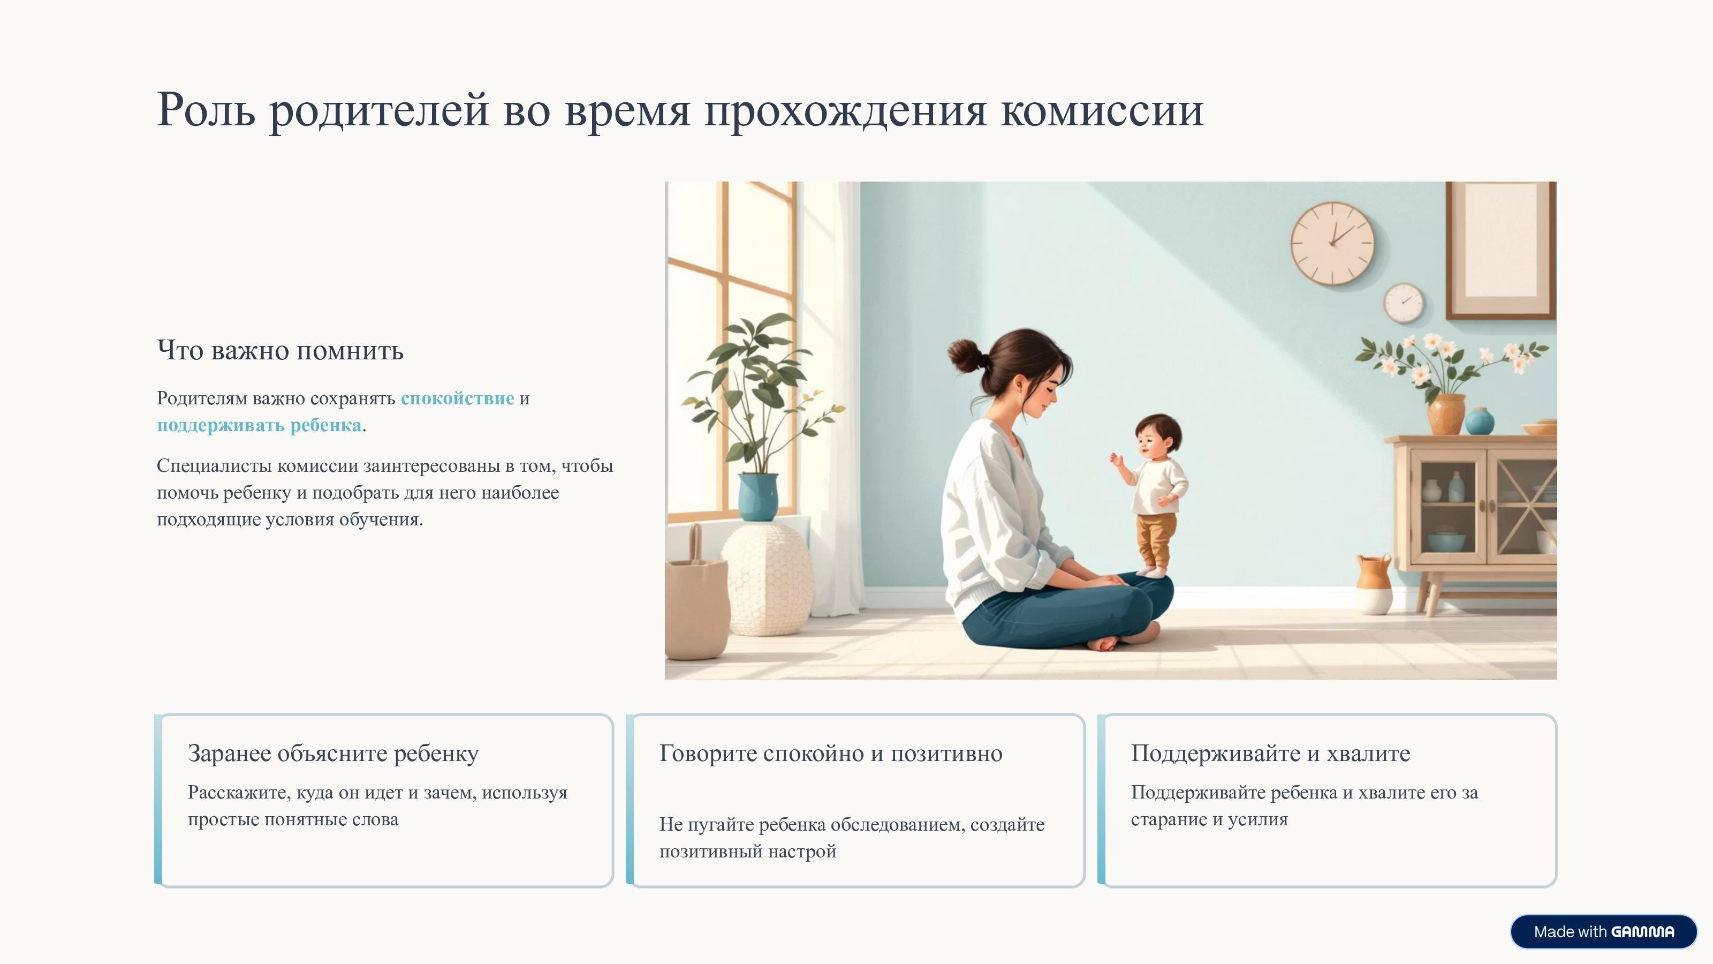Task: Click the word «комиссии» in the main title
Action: pyautogui.click(x=1103, y=110)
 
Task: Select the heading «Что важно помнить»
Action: pyautogui.click(x=280, y=351)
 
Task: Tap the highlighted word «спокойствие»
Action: pyautogui.click(x=458, y=398)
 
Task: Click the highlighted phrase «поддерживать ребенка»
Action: pyautogui.click(x=259, y=425)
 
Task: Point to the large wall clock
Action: pyautogui.click(x=1332, y=244)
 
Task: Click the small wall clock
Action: pyautogui.click(x=1403, y=303)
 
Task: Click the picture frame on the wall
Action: pyautogui.click(x=1500, y=250)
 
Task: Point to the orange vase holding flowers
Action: pyautogui.click(x=1446, y=414)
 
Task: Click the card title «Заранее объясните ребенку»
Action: pyautogui.click(x=333, y=754)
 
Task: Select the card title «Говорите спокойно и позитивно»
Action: pyautogui.click(x=831, y=754)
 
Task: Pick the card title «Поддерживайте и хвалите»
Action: pyautogui.click(x=1270, y=754)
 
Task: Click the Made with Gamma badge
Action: pyautogui.click(x=1603, y=931)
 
